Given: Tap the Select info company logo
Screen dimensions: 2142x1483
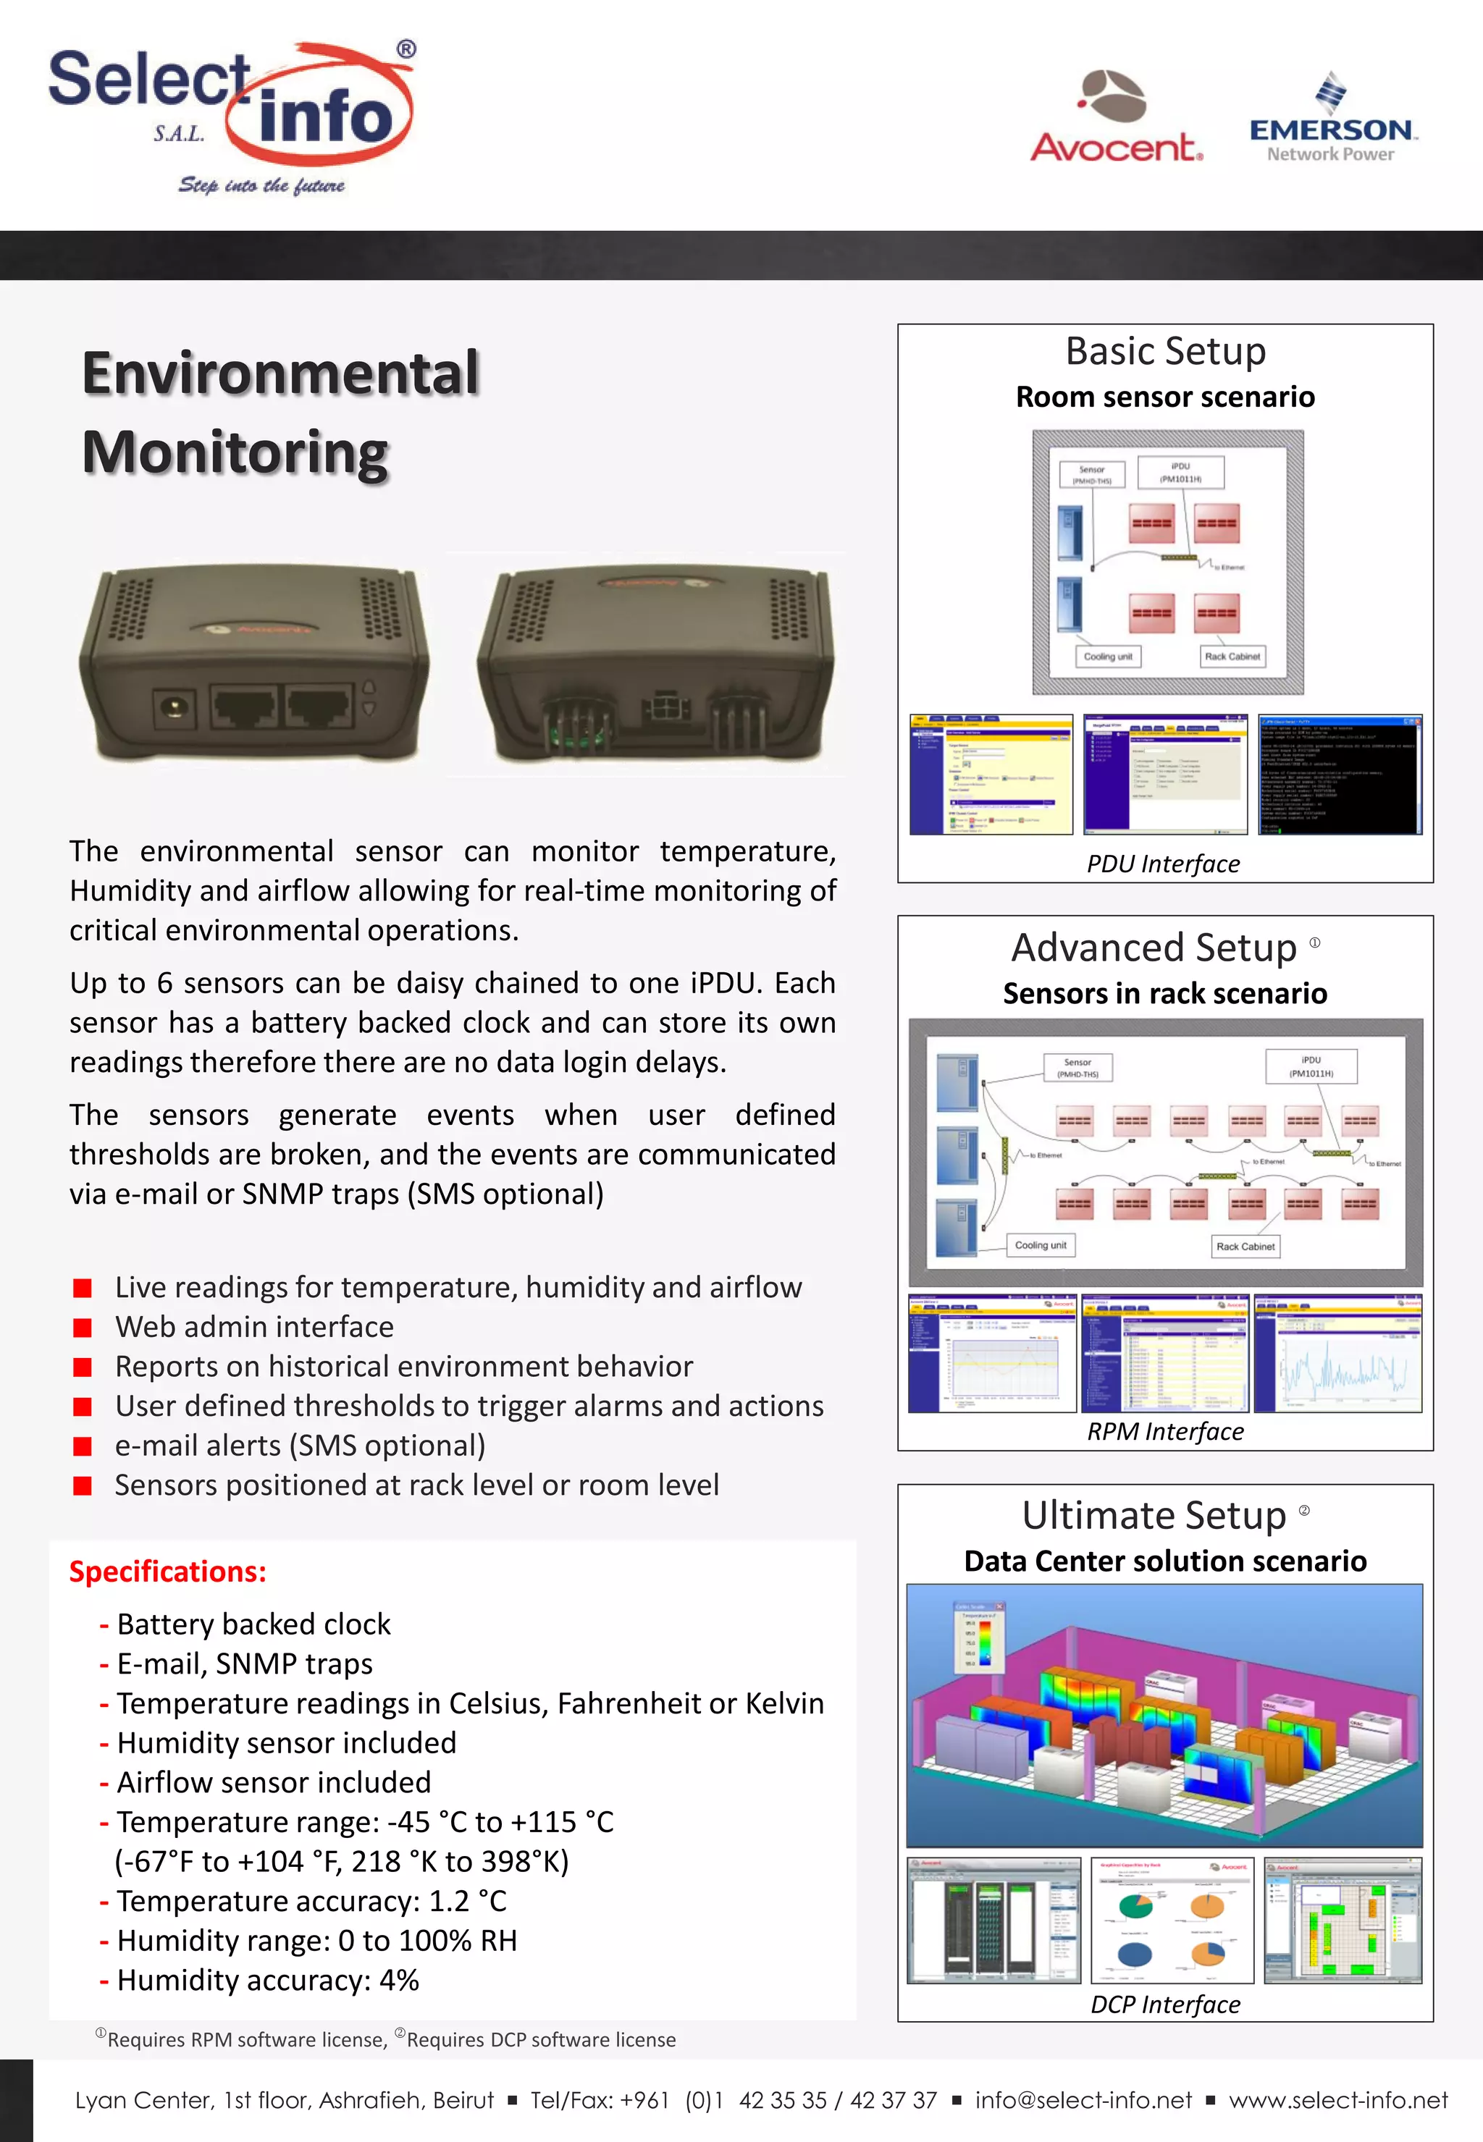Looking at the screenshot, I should (232, 116).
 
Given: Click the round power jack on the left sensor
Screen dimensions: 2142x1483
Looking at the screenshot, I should (173, 708).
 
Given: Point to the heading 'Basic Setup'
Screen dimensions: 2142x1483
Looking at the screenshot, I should (1165, 352).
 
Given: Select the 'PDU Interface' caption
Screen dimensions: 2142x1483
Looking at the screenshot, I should (1164, 864).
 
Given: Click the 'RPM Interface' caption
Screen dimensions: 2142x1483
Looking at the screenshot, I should (1165, 1431).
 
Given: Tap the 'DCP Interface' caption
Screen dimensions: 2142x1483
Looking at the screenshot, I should (1165, 2004).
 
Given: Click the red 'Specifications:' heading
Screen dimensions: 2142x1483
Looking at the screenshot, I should (168, 1571).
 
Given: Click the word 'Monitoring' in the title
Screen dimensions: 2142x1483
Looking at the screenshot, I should (235, 453).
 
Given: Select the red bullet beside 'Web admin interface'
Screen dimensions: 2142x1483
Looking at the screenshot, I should (83, 1328).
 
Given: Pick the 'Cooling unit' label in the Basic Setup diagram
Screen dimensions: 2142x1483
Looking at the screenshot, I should (1108, 657).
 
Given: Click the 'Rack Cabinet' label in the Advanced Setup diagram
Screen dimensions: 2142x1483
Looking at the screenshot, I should (1245, 1247).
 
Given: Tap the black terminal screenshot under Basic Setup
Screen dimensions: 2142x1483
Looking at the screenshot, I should (1339, 775).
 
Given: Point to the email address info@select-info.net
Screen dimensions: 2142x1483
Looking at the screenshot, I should (1083, 2100).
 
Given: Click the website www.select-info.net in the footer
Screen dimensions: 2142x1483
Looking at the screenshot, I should (1338, 2100).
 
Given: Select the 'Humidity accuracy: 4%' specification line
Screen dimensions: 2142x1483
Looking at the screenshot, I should (268, 1981).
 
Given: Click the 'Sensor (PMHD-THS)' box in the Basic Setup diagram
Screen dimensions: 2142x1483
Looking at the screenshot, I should (1092, 475).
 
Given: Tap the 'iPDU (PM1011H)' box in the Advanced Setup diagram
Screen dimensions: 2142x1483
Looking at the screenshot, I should (1311, 1066).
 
